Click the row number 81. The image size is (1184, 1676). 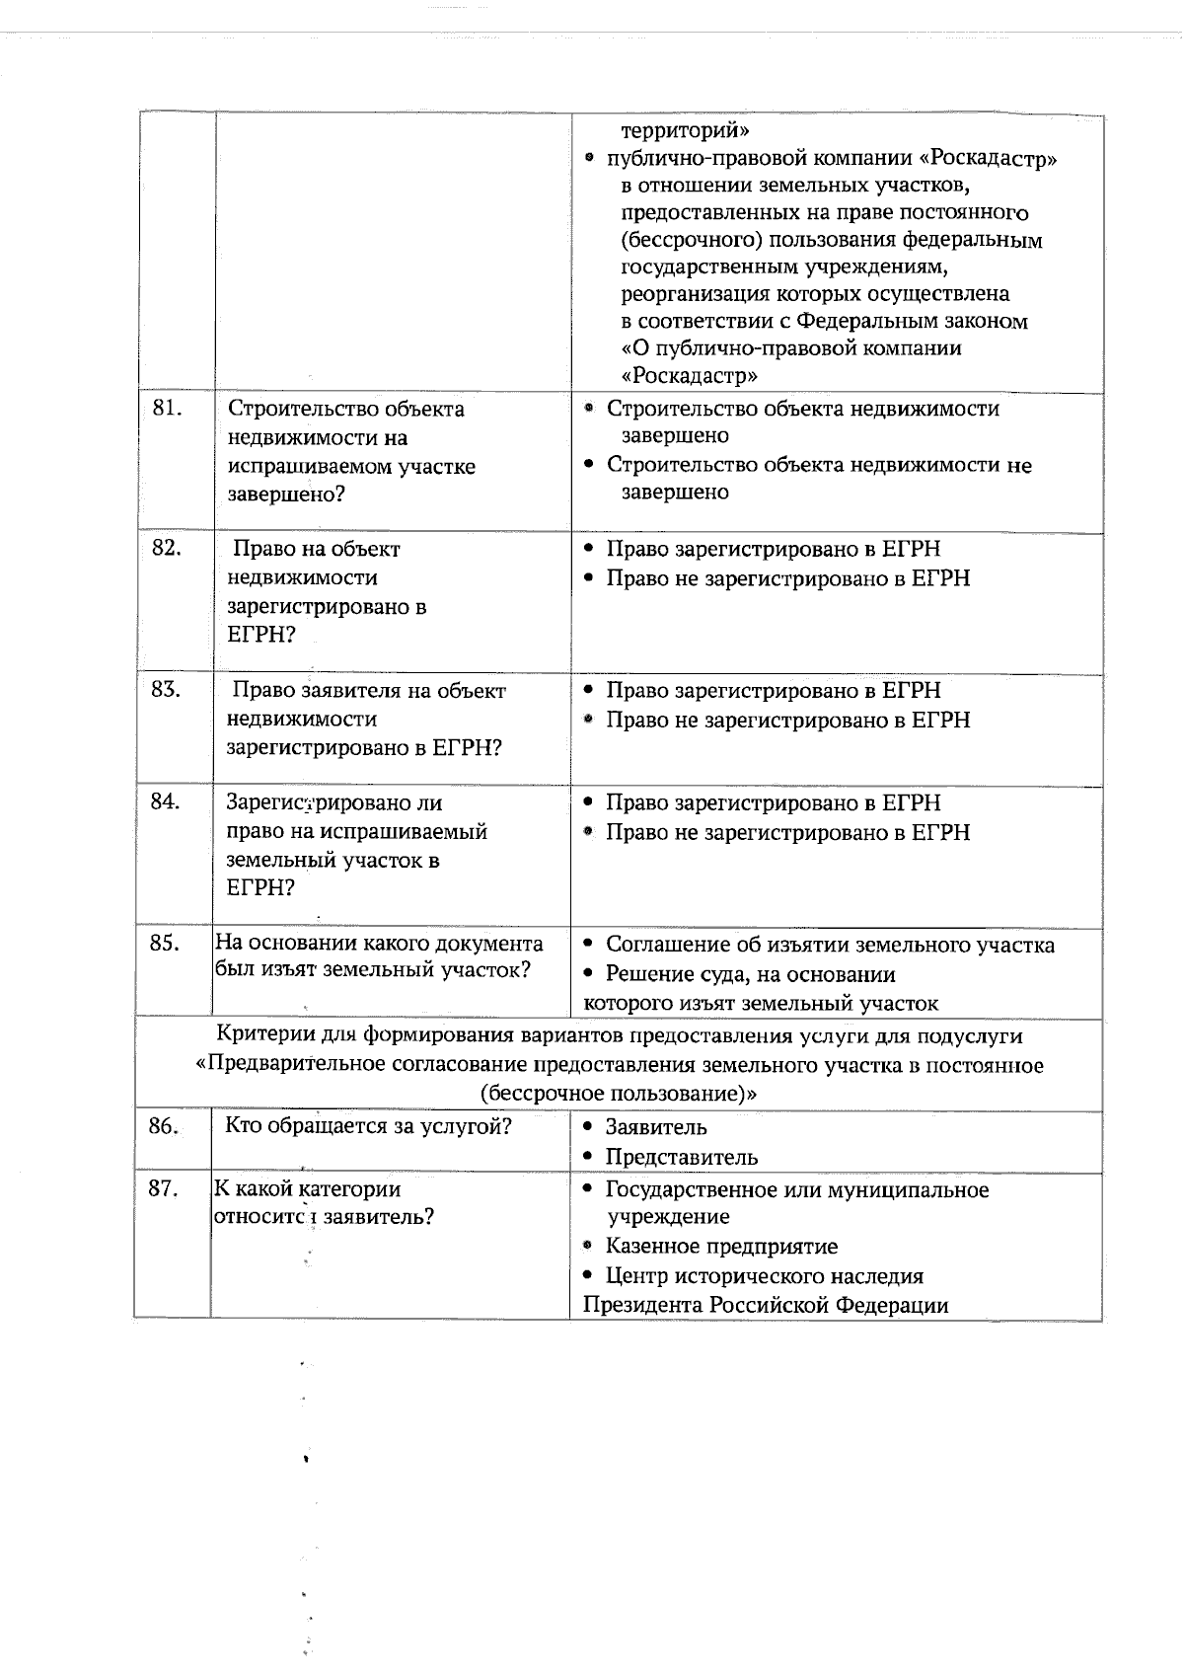click(168, 409)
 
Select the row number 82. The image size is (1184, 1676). click(166, 549)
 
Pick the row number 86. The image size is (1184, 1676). click(163, 1126)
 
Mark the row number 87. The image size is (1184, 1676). click(163, 1189)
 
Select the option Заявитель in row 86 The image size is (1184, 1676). click(655, 1127)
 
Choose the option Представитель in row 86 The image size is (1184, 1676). click(681, 1157)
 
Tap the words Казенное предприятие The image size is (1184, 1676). click(721, 1247)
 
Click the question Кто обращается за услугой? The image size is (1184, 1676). click(368, 1126)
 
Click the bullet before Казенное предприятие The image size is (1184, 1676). click(588, 1247)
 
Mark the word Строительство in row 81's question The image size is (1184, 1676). click(295, 409)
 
